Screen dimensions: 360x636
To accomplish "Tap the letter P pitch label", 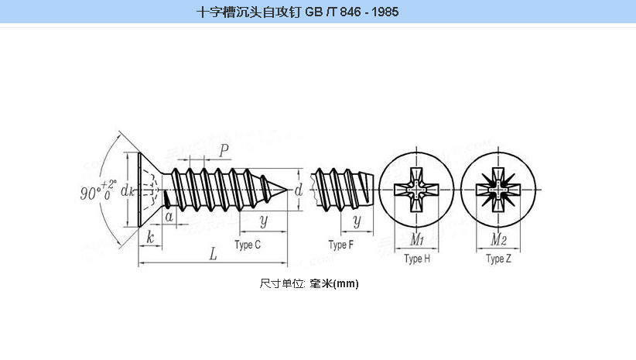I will pyautogui.click(x=224, y=151).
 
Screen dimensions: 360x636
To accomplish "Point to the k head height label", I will pyautogui.click(x=149, y=238).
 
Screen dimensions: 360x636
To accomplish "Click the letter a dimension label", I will pyautogui.click(x=169, y=217).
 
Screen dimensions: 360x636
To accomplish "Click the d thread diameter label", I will pyautogui.click(x=299, y=190).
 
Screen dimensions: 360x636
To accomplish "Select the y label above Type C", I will pyautogui.click(x=264, y=221).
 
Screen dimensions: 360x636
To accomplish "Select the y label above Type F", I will pyautogui.click(x=357, y=221).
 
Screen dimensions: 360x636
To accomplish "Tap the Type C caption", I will pyautogui.click(x=247, y=245).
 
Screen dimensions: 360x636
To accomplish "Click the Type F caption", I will pyautogui.click(x=340, y=245).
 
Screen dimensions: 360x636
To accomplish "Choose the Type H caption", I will pyautogui.click(x=416, y=259).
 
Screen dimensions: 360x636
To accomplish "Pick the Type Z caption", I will pyautogui.click(x=498, y=259).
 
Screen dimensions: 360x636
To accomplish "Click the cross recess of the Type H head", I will pyautogui.click(x=416, y=190).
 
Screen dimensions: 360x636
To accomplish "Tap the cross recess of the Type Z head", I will pyautogui.click(x=498, y=190).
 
